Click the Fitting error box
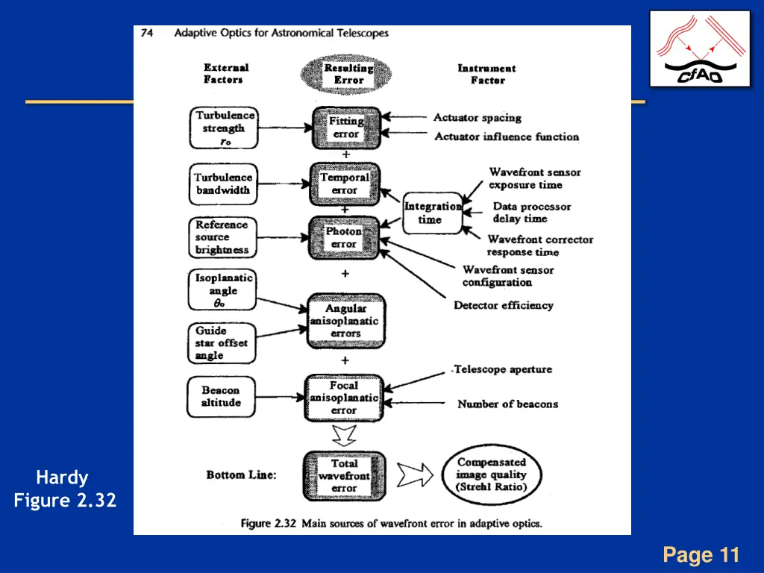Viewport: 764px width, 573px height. (345, 128)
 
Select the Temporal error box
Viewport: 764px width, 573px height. (345, 184)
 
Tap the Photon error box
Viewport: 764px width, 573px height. (344, 237)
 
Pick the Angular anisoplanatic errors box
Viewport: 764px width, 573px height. (345, 321)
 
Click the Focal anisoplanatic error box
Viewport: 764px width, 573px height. (344, 398)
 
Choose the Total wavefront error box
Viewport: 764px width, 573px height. (344, 476)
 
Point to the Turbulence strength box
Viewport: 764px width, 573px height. (224, 128)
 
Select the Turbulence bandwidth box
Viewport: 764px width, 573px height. (223, 184)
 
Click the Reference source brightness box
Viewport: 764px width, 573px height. (222, 237)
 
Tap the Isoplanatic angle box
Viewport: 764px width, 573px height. (222, 290)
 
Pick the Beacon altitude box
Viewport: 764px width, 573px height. (221, 396)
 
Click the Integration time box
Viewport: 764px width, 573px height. (432, 213)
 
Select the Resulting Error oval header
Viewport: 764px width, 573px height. (348, 74)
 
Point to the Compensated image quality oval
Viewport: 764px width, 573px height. (491, 475)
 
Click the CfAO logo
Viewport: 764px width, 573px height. (700, 49)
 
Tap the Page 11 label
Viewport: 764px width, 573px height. (701, 555)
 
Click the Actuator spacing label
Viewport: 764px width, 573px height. (477, 118)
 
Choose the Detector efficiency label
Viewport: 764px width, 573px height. (504, 305)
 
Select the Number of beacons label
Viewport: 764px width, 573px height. (507, 404)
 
